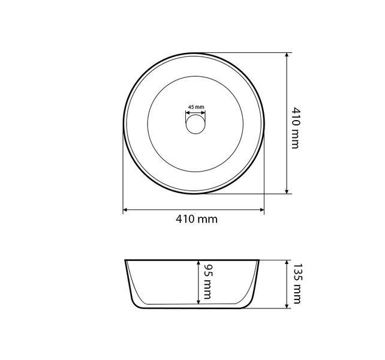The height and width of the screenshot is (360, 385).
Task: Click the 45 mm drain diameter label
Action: pos(196,107)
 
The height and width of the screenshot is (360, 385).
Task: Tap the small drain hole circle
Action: pos(195,124)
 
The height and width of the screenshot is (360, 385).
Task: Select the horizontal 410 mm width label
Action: pos(197,219)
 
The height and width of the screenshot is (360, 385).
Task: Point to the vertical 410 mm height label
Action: pos(296,128)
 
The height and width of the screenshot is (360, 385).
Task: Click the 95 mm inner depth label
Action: pos(207,281)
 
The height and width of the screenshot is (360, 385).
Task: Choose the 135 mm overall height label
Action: pos(297,284)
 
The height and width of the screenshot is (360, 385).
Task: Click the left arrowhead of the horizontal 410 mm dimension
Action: pos(125,209)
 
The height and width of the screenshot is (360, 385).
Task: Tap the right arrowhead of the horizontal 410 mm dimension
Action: pos(262,209)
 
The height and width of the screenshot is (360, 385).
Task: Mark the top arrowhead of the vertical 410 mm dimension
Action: pos(287,55)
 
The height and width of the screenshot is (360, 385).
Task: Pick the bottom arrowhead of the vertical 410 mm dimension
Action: pos(287,191)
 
